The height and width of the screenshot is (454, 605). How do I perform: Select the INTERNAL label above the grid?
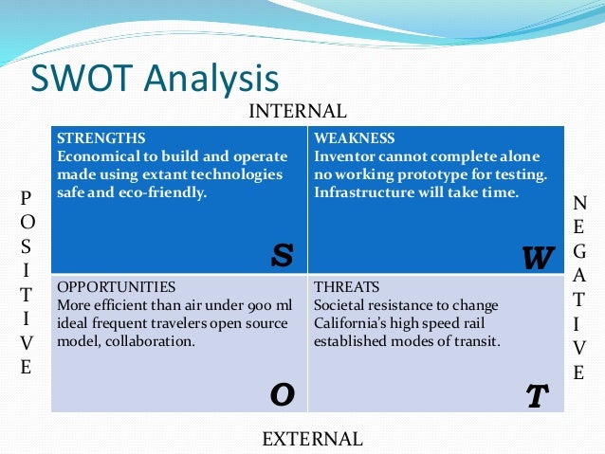click(297, 112)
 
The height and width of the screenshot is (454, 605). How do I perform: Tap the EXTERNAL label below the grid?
click(312, 439)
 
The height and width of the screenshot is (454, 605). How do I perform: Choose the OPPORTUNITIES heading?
click(117, 286)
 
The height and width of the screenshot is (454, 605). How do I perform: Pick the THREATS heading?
click(347, 286)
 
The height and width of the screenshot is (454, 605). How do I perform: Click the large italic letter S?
click(282, 253)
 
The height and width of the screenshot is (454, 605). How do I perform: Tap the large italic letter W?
click(537, 257)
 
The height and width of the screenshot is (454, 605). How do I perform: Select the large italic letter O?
click(282, 393)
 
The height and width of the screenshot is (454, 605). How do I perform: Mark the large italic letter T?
click(537, 396)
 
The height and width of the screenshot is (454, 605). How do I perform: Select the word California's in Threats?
click(353, 323)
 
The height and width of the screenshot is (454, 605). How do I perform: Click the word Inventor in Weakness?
click(344, 156)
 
